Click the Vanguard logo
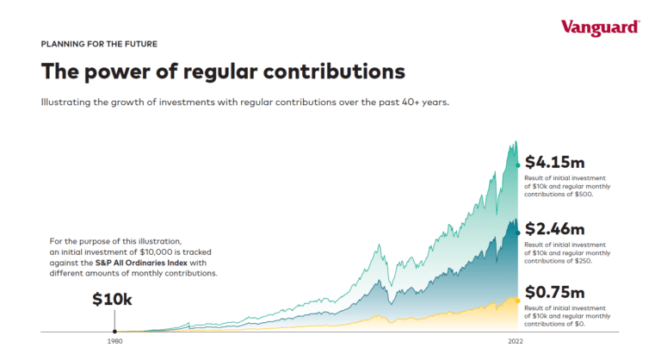coord(600,27)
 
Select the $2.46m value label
coord(555,229)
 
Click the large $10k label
coord(114,301)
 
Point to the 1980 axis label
coord(114,342)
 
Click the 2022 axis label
coord(516,342)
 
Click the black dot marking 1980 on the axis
coord(114,331)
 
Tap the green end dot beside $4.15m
coord(517,164)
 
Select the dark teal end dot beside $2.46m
coord(517,231)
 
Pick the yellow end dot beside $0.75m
coord(517,298)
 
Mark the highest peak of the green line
coord(516,142)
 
